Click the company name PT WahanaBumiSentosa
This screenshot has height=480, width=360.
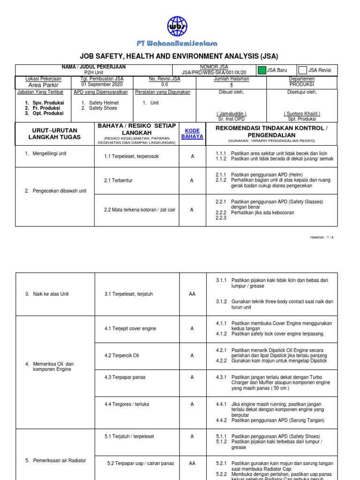pyautogui.click(x=177, y=44)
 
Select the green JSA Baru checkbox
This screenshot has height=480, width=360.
pyautogui.click(x=261, y=70)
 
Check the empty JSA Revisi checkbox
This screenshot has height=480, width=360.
pyautogui.click(x=302, y=70)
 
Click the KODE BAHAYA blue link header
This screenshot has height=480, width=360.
pyautogui.click(x=193, y=133)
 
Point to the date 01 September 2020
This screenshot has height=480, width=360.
pyautogui.click(x=102, y=85)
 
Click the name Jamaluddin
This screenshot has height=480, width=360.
pyautogui.click(x=231, y=113)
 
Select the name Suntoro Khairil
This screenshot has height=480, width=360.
pyautogui.click(x=302, y=113)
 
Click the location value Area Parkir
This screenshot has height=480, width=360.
pyautogui.click(x=44, y=85)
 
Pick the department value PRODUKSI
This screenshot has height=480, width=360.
pyautogui.click(x=302, y=85)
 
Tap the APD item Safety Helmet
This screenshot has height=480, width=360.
pyautogui.click(x=103, y=103)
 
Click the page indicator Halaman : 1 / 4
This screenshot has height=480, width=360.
pyautogui.click(x=322, y=237)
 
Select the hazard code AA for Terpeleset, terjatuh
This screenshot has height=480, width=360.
pyautogui.click(x=192, y=294)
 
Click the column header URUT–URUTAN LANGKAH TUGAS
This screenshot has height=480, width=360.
pyautogui.click(x=55, y=133)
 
